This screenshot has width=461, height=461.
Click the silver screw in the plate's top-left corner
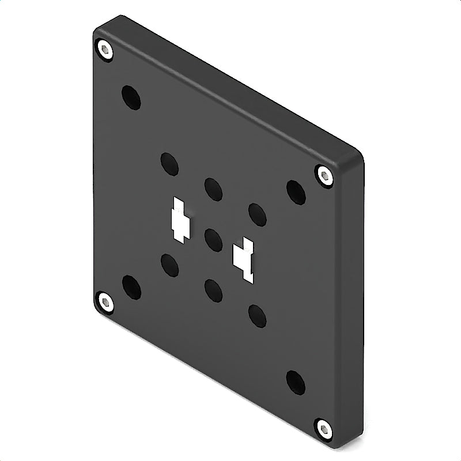coord(105,50)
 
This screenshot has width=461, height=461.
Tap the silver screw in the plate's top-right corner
coord(324,175)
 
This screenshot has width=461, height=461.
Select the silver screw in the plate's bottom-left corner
coord(105,302)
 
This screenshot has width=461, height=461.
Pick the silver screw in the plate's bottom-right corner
coord(324,429)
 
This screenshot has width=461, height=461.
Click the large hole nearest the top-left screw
coord(131,97)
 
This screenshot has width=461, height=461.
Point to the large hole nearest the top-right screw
coord(296,192)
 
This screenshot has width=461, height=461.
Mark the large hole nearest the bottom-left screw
coord(131,287)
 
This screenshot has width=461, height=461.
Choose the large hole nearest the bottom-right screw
coord(296,382)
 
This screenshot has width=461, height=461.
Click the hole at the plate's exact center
coord(213,240)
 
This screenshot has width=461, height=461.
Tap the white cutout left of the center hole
coord(179,221)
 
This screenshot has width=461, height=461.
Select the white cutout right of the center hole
coord(244,259)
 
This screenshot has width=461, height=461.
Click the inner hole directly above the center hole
coord(213,189)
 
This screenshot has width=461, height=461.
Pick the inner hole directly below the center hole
coord(213,290)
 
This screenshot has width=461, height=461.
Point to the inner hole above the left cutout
coord(169,164)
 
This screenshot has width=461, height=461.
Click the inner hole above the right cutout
coord(257,214)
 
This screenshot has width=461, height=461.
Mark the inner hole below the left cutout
coord(169,265)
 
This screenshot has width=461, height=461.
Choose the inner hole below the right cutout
coord(257,316)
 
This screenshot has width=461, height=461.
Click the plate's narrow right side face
coord(353,300)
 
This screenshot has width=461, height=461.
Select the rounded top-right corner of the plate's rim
coord(355,154)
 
